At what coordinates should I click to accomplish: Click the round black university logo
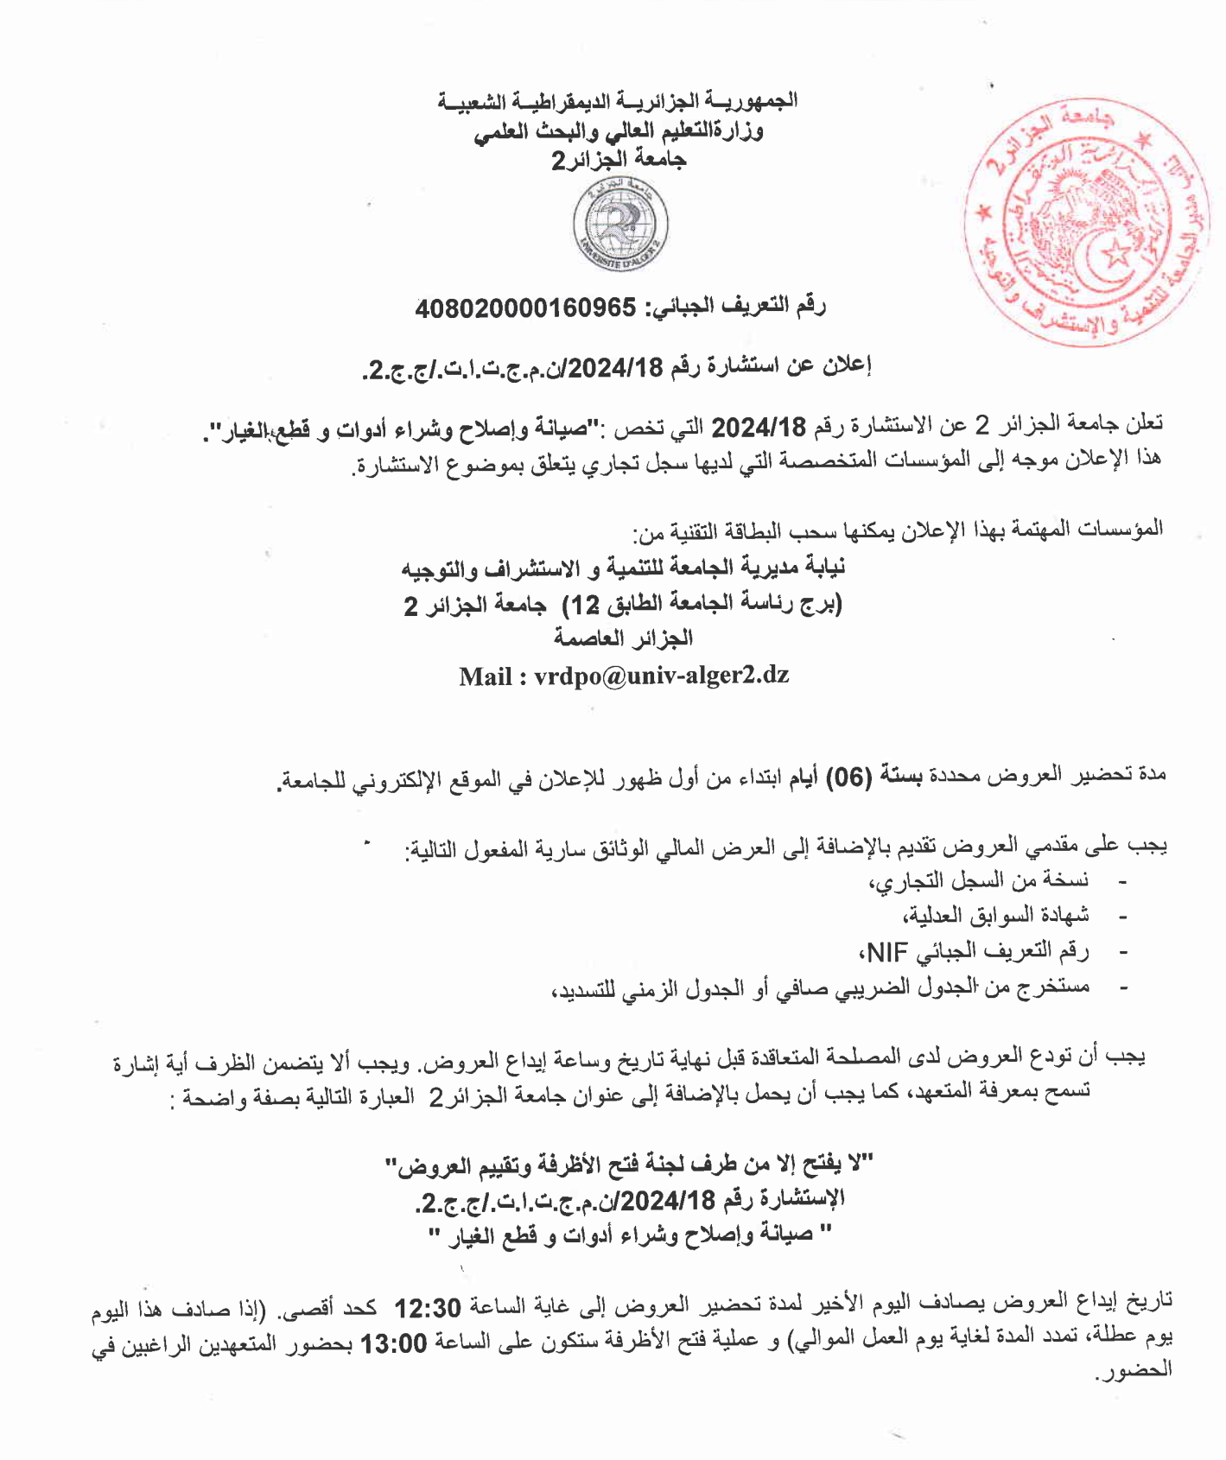pyautogui.click(x=620, y=223)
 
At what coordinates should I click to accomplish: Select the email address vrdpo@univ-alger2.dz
pyautogui.click(x=661, y=676)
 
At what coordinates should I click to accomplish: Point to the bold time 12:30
pyautogui.click(x=429, y=1307)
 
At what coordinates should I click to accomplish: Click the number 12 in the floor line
pyautogui.click(x=582, y=604)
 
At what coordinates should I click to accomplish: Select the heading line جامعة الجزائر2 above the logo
pyautogui.click(x=619, y=160)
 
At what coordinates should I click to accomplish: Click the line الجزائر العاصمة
pyautogui.click(x=623, y=639)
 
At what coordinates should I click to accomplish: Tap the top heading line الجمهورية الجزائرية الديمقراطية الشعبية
pyautogui.click(x=617, y=101)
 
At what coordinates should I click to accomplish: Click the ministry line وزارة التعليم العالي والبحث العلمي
pyautogui.click(x=619, y=130)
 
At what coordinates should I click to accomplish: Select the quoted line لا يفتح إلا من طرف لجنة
pyautogui.click(x=628, y=1165)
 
